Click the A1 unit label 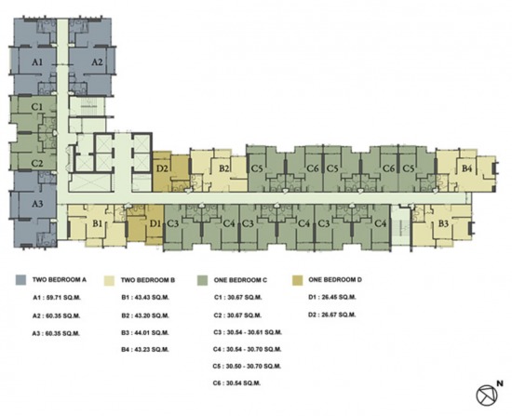[x=37, y=62]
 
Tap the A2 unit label [x=97, y=62]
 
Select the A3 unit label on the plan [x=37, y=204]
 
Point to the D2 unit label [x=162, y=168]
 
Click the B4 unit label [x=467, y=168]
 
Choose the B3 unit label [x=443, y=224]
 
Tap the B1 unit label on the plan [x=98, y=224]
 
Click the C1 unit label [x=37, y=107]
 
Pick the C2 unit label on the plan [x=37, y=163]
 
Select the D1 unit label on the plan [x=155, y=224]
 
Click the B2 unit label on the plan [x=224, y=168]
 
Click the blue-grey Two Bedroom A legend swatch [x=20, y=280]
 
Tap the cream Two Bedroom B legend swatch [x=110, y=280]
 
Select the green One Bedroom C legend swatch [x=203, y=280]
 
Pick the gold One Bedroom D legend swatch [x=298, y=280]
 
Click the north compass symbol [x=487, y=395]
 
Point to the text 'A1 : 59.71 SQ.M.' [x=57, y=298]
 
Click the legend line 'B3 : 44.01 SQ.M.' [x=145, y=333]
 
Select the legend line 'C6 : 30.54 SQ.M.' [x=237, y=383]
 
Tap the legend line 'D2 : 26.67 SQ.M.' [x=331, y=315]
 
